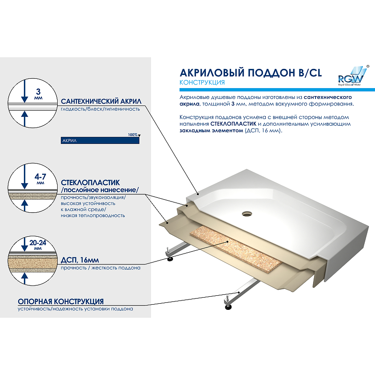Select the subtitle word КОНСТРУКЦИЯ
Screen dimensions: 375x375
pos(202,83)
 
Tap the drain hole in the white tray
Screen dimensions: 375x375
pos(247,214)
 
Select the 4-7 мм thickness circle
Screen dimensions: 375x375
pos(25,186)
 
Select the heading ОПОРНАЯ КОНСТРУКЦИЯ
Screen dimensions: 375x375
pos(60,301)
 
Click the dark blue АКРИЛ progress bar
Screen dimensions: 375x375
pos(100,140)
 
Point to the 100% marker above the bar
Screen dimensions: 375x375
pos(133,135)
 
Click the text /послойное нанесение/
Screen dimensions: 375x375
pos(100,190)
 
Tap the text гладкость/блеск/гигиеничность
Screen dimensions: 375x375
pos(100,109)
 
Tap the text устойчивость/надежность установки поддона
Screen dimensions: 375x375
pos(75,309)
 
